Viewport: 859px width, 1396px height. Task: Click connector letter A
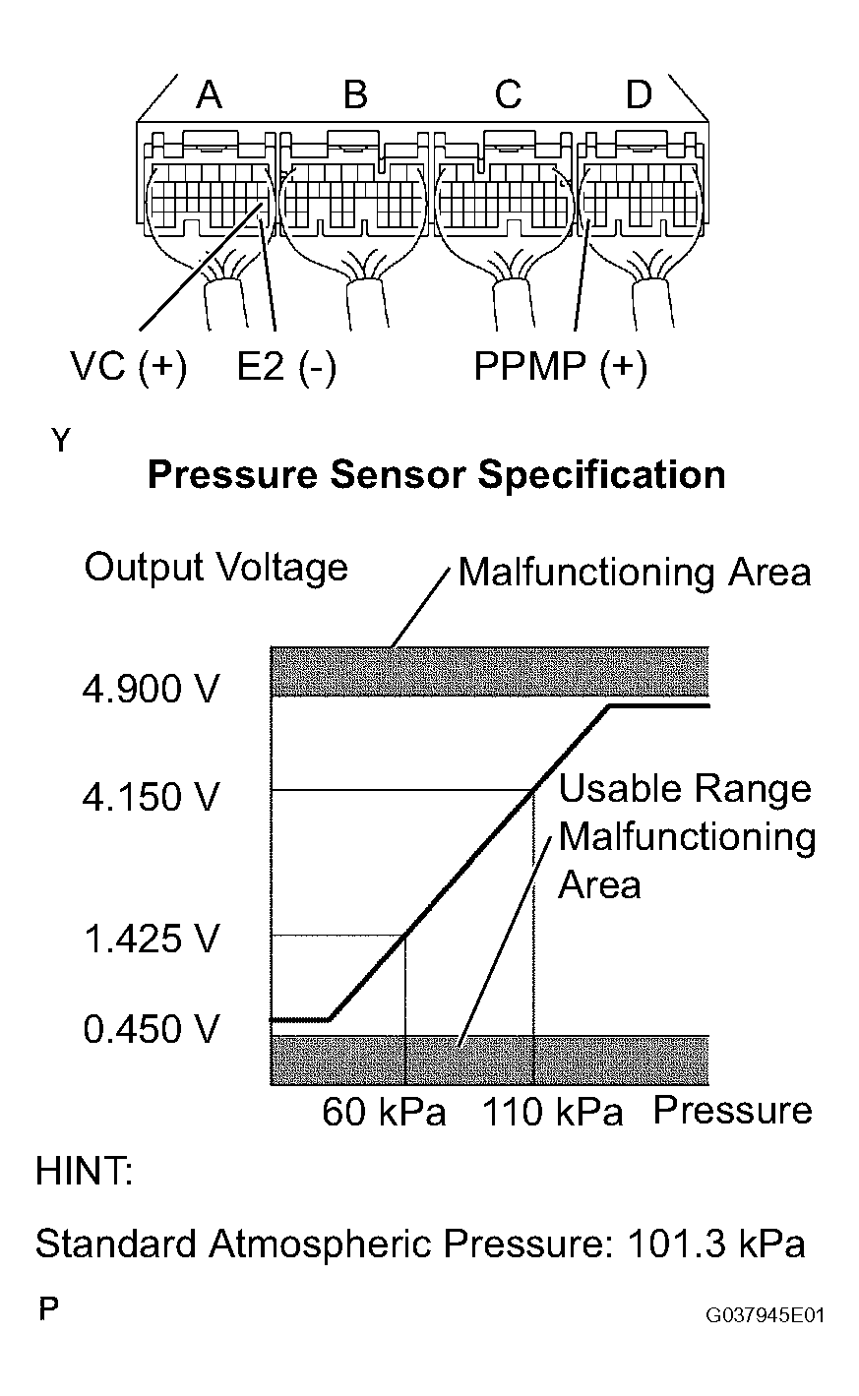209,94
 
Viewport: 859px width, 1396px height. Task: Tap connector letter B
355,94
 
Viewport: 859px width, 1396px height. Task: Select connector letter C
508,94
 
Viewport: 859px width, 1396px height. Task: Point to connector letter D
639,94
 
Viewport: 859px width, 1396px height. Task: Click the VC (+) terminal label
129,366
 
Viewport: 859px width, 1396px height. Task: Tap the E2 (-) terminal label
286,366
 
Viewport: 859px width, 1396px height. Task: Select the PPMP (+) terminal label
561,366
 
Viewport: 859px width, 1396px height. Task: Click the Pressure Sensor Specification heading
436,475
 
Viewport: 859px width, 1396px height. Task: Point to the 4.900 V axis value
152,690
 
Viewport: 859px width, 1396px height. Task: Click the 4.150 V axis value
152,797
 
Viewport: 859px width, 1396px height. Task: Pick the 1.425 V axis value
152,939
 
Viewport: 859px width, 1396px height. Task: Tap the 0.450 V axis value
152,1028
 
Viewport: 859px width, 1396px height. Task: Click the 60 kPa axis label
384,1112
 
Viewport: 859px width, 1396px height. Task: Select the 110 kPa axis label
552,1112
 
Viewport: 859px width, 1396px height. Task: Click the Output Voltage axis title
215,569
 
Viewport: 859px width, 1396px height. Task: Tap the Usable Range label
685,789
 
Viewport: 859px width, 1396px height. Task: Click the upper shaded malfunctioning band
489,672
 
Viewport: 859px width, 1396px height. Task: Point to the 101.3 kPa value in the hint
716,1244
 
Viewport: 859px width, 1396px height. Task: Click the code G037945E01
765,1315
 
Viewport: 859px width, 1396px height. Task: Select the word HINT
84,1171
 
